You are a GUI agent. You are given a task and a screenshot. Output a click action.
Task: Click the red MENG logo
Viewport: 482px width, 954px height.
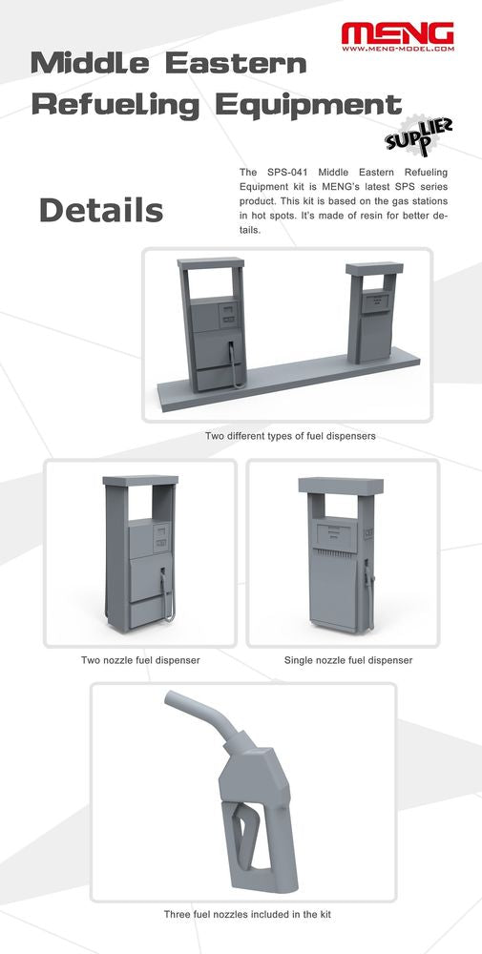pos(397,33)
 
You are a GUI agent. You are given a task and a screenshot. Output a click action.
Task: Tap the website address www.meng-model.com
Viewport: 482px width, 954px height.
pos(397,48)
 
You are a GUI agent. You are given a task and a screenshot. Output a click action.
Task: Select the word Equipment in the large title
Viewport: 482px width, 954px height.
pos(308,105)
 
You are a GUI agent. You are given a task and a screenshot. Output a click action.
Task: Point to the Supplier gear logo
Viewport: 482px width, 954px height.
pos(419,135)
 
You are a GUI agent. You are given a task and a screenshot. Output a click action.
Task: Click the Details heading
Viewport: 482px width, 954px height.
pos(101,211)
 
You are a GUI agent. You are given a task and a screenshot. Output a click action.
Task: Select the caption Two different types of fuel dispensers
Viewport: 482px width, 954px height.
pos(290,436)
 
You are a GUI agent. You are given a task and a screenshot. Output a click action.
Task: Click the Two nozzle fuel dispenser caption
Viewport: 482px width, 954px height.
pos(140,659)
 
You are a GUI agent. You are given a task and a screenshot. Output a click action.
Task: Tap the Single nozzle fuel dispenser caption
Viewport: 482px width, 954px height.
pos(348,659)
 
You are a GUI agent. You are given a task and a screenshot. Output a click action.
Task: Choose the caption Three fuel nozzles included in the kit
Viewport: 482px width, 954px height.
pos(247,914)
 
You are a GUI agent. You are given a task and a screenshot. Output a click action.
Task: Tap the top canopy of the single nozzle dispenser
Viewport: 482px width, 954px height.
pos(341,486)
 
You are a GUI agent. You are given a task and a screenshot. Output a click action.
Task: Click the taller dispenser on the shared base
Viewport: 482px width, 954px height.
pos(213,323)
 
